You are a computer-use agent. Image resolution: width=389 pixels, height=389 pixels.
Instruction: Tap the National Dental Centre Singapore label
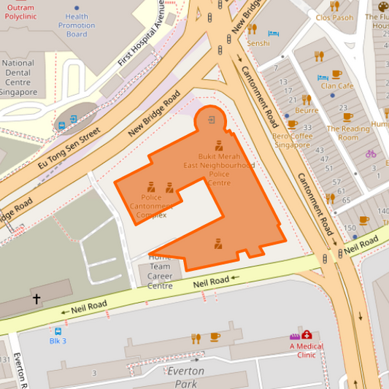(x=18, y=77)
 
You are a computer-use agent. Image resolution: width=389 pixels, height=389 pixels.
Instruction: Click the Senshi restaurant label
(x=258, y=43)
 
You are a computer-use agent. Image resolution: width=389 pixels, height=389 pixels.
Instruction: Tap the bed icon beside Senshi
(x=274, y=33)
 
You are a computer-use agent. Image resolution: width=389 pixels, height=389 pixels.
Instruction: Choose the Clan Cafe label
(x=336, y=86)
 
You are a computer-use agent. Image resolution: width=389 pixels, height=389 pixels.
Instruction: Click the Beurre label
(x=307, y=110)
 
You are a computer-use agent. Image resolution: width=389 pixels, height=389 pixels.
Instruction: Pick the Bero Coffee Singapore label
(x=291, y=140)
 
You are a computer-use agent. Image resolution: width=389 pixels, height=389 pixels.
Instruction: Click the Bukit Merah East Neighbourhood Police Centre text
(x=219, y=170)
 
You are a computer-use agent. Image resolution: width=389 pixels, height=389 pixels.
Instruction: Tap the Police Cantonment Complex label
(x=151, y=206)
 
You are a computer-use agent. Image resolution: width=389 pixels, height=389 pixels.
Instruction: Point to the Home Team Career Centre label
(x=160, y=271)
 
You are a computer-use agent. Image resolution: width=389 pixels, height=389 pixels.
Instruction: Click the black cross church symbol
(x=36, y=299)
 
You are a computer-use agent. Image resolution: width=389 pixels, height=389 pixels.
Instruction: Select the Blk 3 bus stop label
(x=58, y=341)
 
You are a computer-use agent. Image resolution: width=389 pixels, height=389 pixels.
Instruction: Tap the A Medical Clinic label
(x=307, y=350)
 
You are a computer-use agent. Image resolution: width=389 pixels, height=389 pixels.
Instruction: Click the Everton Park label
(x=186, y=377)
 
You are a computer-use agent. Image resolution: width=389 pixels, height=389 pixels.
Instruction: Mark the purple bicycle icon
(x=371, y=154)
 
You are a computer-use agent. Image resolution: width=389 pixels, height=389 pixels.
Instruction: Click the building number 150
(x=350, y=228)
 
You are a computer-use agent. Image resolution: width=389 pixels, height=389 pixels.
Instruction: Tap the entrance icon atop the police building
(x=211, y=119)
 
